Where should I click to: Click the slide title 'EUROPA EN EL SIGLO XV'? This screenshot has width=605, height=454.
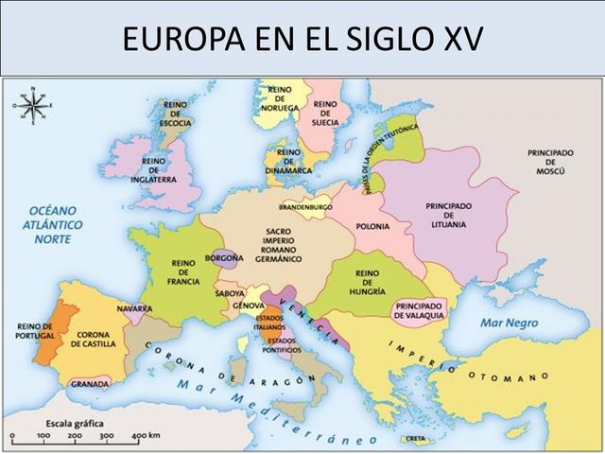302,39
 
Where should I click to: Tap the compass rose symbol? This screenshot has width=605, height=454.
33,105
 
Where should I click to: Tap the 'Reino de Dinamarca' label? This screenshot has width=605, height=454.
289,161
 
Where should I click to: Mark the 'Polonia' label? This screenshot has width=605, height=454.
372,226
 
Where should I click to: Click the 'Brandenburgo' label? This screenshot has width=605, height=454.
305,206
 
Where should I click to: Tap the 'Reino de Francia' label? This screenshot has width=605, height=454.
182,271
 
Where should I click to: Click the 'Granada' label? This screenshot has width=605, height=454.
90,385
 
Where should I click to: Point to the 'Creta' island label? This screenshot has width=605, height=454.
413,439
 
